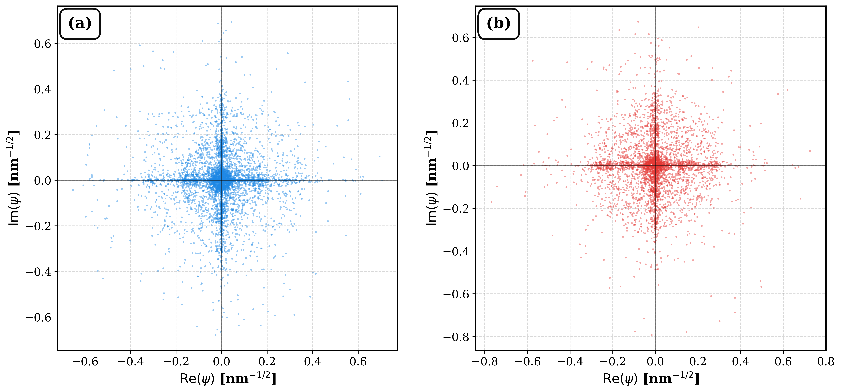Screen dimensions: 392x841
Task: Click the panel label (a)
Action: point(80,24)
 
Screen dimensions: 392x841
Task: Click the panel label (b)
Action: point(499,24)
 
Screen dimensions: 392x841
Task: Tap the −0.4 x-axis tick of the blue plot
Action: point(131,362)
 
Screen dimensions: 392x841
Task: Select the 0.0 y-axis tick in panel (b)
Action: point(461,166)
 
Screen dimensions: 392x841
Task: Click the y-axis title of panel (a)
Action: point(14,178)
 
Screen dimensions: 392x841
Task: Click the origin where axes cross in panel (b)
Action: point(655,166)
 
